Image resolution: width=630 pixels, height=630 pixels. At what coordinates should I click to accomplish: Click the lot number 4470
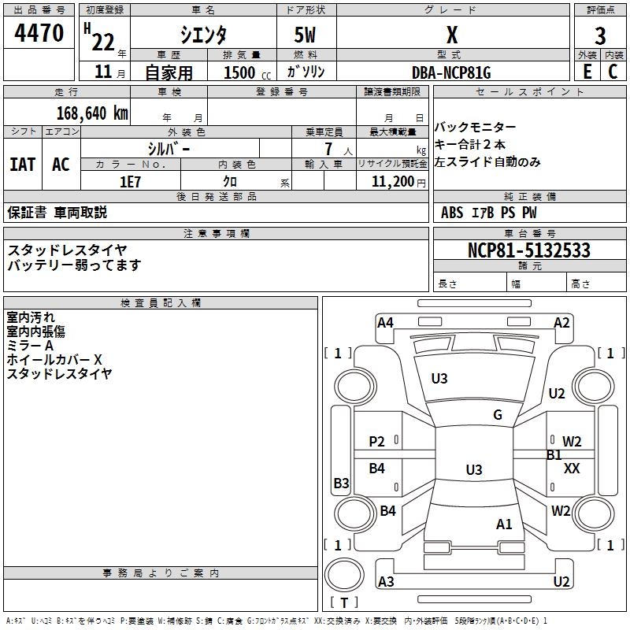click(39, 34)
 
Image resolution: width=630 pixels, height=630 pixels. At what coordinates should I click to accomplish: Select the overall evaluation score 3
click(600, 35)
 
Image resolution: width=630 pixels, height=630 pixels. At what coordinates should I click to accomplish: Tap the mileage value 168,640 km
click(92, 113)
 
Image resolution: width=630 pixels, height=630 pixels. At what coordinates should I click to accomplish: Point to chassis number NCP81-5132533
click(528, 250)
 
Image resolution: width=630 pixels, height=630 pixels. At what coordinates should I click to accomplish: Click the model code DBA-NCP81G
click(451, 72)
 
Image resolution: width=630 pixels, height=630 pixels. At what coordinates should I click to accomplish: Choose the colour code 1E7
click(130, 181)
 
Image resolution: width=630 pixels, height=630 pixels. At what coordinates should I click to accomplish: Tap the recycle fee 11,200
click(391, 181)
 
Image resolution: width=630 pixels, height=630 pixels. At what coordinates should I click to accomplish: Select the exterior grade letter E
click(587, 72)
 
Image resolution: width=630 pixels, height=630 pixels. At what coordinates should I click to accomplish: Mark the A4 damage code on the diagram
click(385, 322)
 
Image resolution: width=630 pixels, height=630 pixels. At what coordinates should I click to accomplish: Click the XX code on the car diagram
click(573, 468)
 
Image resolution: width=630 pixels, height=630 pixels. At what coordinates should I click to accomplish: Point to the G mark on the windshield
click(498, 415)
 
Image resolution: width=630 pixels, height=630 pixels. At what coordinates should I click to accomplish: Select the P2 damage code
click(377, 442)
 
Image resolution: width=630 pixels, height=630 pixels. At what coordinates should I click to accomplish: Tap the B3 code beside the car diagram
click(341, 483)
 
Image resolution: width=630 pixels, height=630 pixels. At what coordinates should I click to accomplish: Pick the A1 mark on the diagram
click(504, 524)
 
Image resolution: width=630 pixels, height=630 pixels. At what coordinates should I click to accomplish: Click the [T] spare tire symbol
click(346, 603)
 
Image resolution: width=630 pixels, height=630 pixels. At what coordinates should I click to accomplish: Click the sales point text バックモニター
click(476, 128)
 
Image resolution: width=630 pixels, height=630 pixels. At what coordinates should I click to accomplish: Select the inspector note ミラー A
click(30, 346)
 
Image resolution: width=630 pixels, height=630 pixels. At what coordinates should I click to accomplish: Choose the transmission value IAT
click(22, 164)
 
